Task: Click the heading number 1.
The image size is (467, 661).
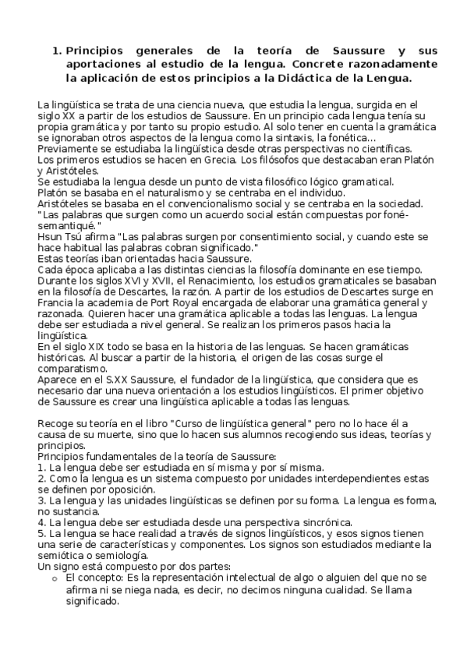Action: tap(56, 51)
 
